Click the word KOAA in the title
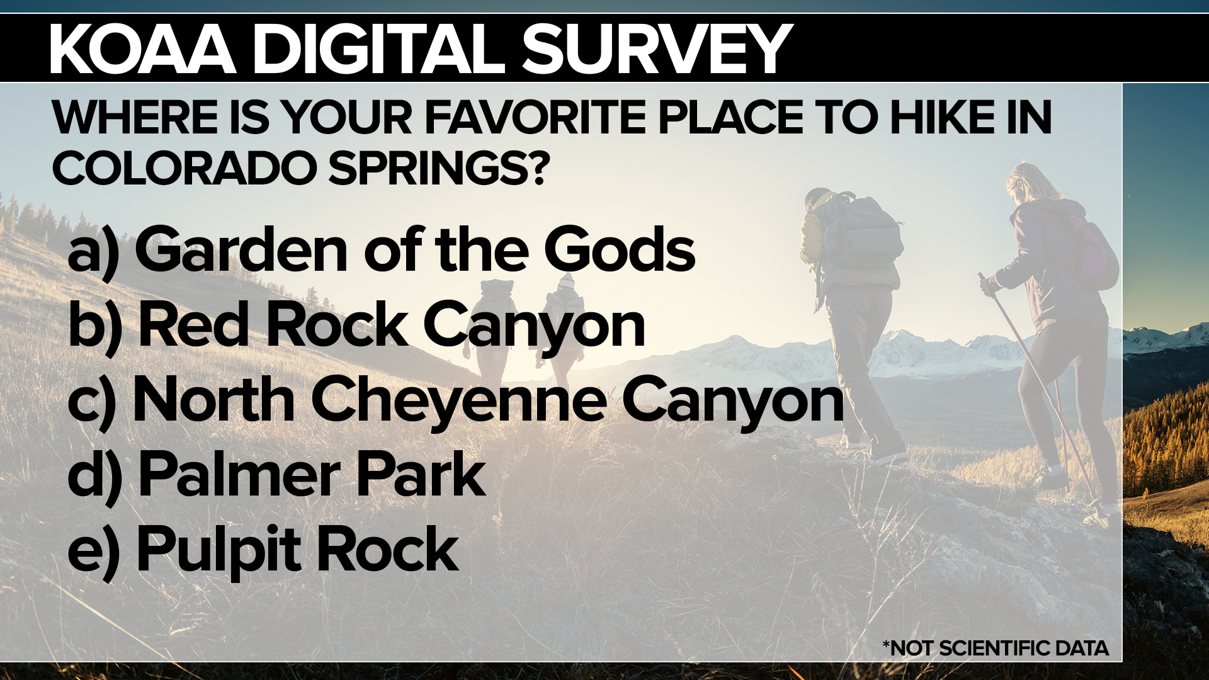(x=142, y=48)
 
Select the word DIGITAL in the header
(x=379, y=48)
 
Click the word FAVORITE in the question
(x=536, y=117)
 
